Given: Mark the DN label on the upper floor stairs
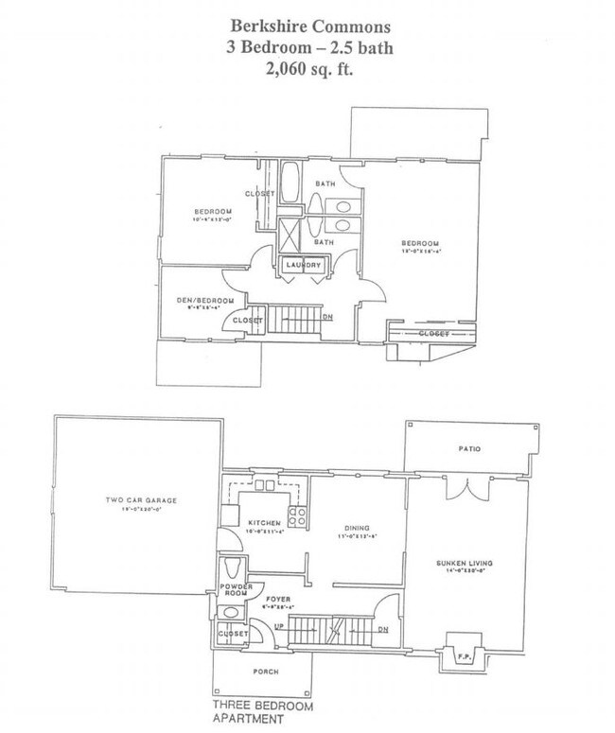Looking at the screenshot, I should [x=327, y=318].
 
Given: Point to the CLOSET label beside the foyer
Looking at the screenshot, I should [x=232, y=633].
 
